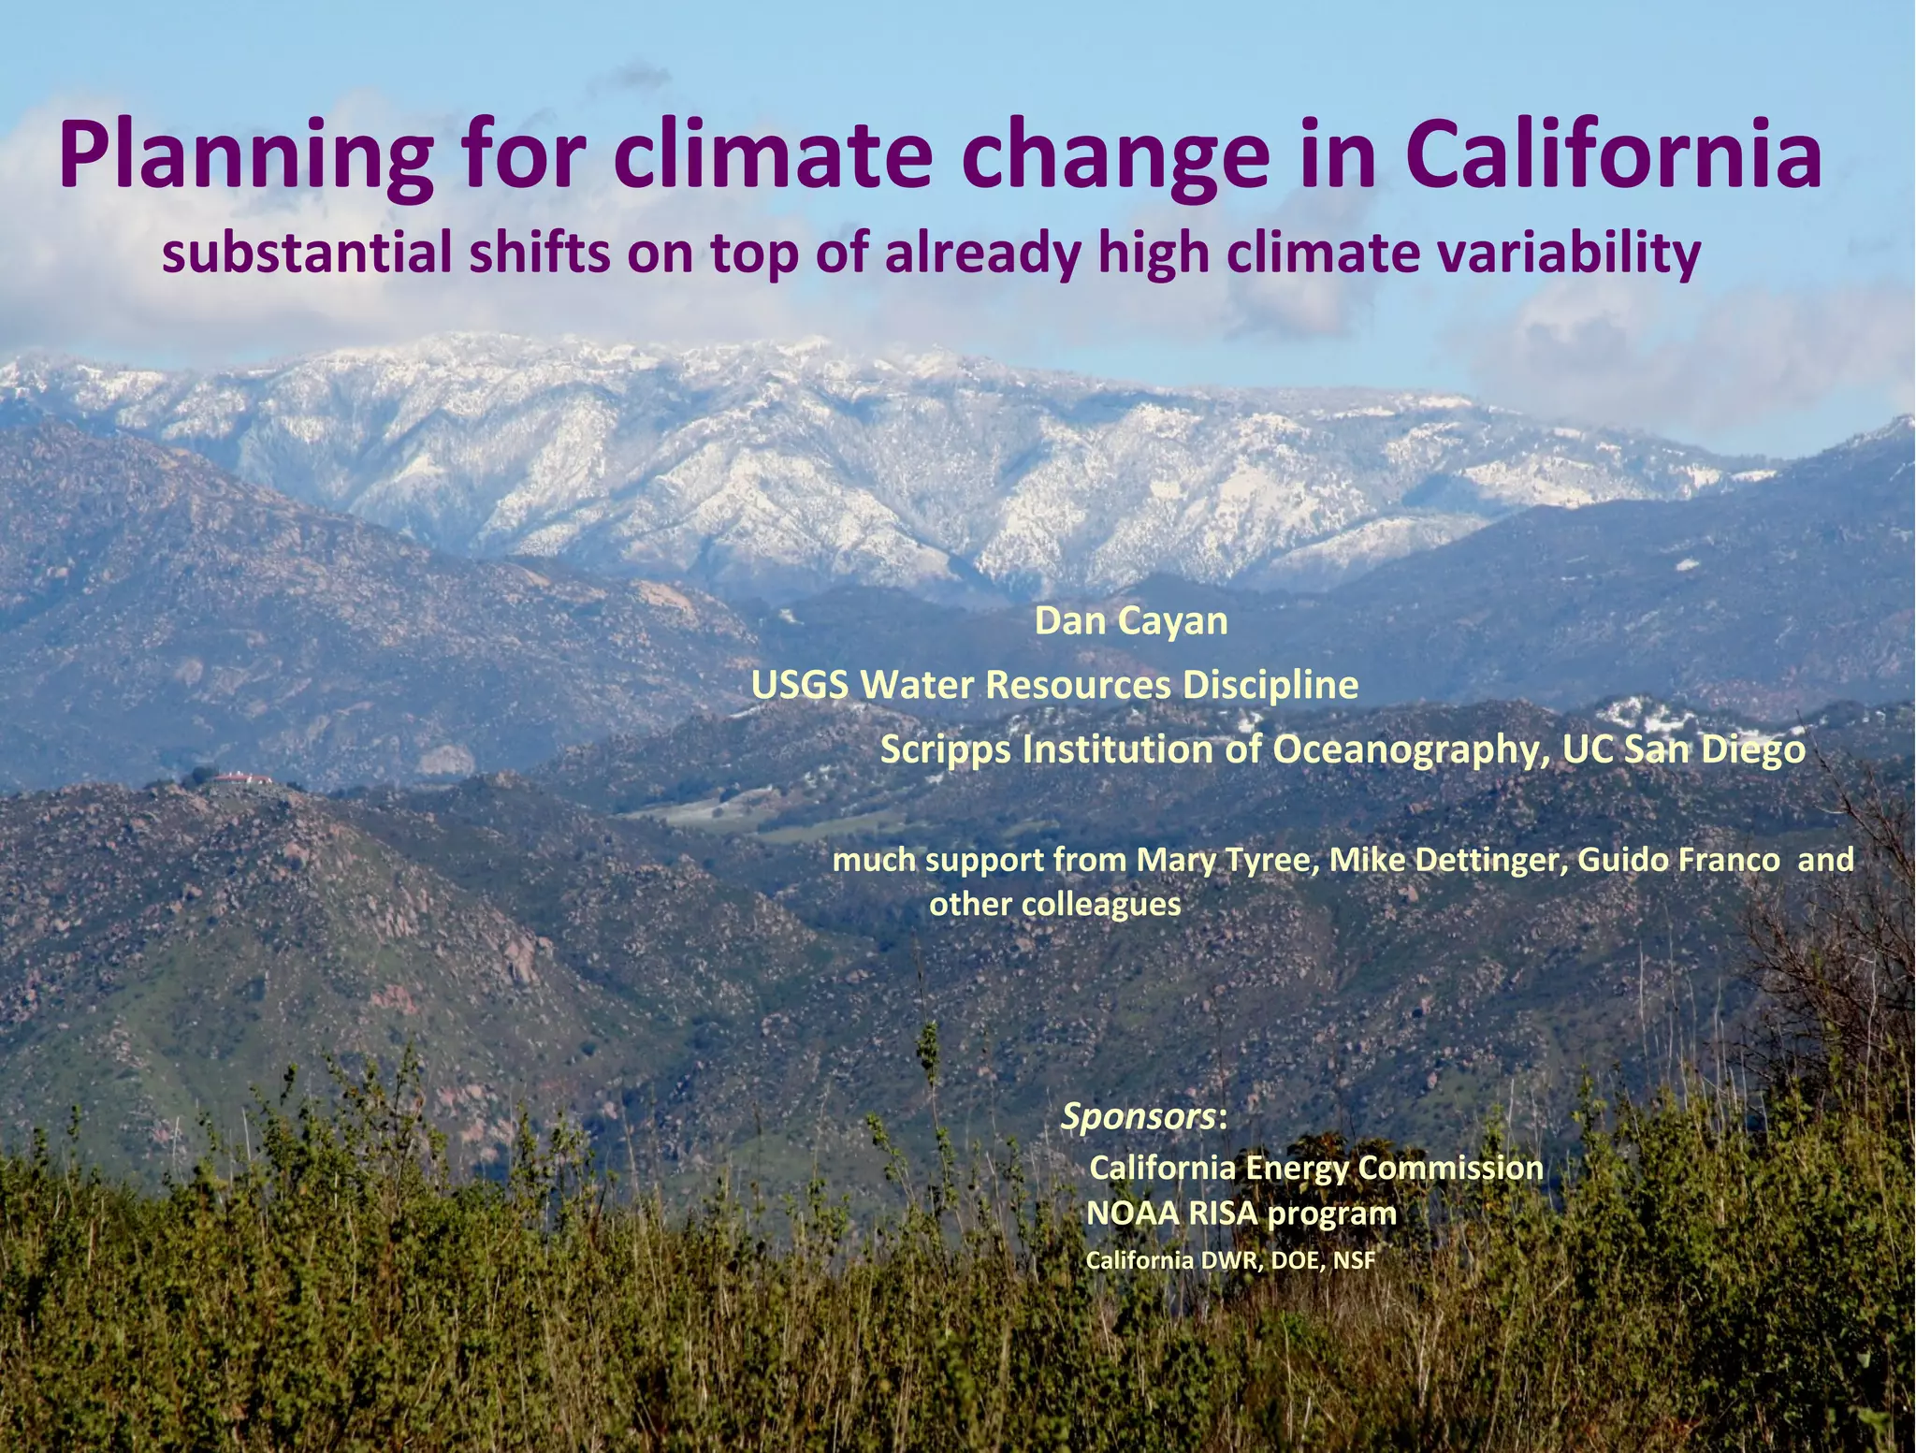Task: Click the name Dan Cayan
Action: [1130, 621]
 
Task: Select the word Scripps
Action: [945, 750]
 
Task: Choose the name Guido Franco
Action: [1679, 859]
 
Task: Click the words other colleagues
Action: [1054, 905]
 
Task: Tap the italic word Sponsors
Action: [1139, 1116]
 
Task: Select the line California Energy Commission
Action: [1316, 1168]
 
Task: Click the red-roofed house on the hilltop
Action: [241, 778]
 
